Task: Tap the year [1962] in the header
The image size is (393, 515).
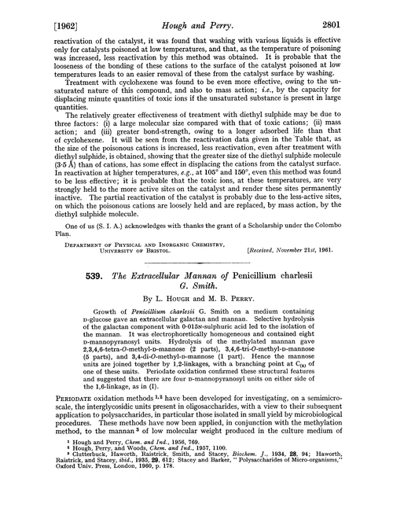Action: pyautogui.click(x=34, y=13)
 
